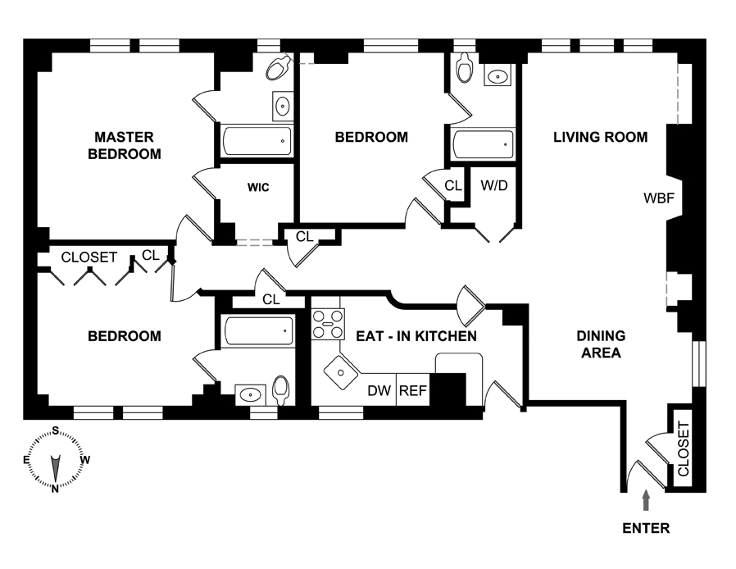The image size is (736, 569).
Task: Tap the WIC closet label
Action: (x=258, y=188)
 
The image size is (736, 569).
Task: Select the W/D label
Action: (x=493, y=185)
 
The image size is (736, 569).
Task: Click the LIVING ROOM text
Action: (x=600, y=137)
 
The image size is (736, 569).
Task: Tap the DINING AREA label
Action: (x=601, y=344)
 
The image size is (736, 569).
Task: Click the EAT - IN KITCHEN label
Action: (x=416, y=335)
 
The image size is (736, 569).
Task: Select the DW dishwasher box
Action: (x=378, y=390)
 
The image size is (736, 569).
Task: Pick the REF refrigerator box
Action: (x=412, y=390)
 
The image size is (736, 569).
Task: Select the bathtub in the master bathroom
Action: (x=257, y=141)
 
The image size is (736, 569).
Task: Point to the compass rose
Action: (x=55, y=459)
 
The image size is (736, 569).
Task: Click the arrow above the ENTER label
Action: (x=647, y=498)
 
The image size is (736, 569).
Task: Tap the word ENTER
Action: (x=646, y=528)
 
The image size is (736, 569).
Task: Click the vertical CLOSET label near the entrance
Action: (x=683, y=448)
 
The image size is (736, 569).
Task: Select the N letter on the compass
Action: (x=55, y=489)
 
